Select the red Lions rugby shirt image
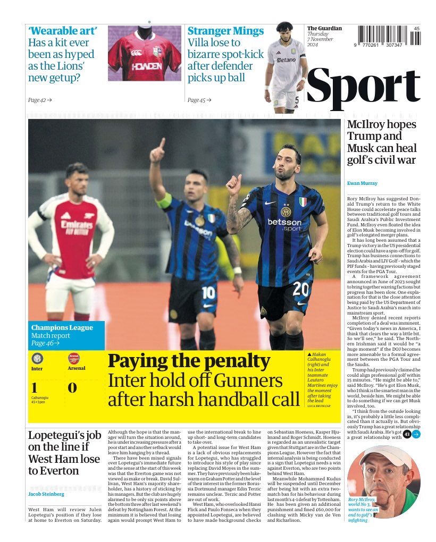tap(144, 54)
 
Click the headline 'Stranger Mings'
tap(225, 31)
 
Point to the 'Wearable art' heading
tap(62, 31)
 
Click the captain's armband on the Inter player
tap(164, 201)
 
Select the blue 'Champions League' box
tap(66, 335)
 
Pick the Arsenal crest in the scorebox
tap(74, 358)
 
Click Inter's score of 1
tap(35, 387)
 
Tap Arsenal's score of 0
tap(72, 387)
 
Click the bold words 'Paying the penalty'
tap(189, 361)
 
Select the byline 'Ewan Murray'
tap(362, 183)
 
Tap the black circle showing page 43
tap(407, 434)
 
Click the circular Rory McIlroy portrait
tap(383, 473)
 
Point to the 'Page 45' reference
tap(199, 100)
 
